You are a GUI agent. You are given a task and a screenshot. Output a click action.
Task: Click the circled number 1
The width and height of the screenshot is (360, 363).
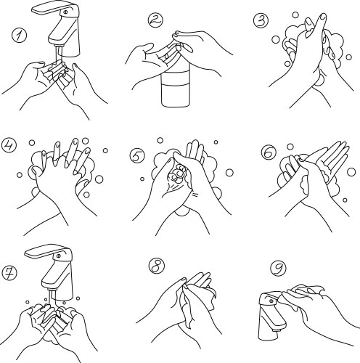pos(20,34)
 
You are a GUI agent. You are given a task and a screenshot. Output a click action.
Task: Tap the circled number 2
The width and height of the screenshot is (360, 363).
pos(153,20)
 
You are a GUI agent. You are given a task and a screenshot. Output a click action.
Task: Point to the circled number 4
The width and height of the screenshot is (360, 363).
pos(9,146)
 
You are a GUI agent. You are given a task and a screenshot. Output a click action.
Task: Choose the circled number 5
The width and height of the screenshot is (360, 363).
pos(136,155)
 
